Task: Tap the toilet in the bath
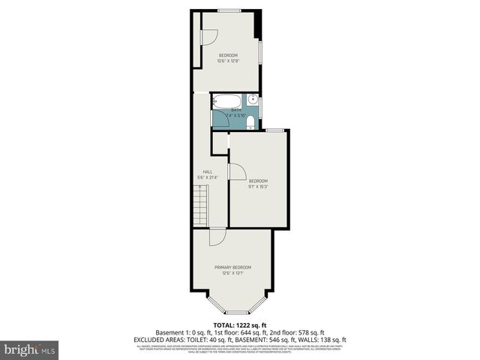click(251, 122)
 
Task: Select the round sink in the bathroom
click(253, 99)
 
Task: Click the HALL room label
click(207, 172)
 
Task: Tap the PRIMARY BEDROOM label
click(232, 268)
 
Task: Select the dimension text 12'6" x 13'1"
click(232, 274)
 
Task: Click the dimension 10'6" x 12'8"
click(228, 61)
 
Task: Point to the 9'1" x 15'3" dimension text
click(258, 187)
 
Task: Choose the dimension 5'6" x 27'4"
click(207, 178)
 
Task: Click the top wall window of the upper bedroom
click(229, 9)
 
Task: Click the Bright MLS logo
click(30, 349)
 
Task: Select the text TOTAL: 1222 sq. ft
click(239, 325)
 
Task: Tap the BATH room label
click(236, 110)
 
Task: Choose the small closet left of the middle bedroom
click(219, 142)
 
